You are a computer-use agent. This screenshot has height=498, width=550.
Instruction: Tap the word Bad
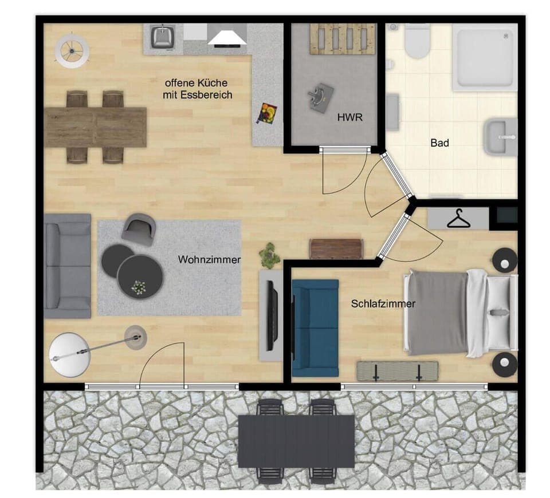pyautogui.click(x=439, y=143)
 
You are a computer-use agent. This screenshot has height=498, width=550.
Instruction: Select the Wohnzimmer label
pyautogui.click(x=209, y=260)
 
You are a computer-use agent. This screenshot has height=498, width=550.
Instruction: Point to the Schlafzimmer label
pyautogui.click(x=383, y=304)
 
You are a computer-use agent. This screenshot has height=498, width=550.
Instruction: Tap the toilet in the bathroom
pyautogui.click(x=417, y=42)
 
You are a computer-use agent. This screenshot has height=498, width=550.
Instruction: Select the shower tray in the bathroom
pyautogui.click(x=482, y=57)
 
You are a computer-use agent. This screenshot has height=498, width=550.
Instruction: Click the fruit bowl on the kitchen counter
pyautogui.click(x=266, y=113)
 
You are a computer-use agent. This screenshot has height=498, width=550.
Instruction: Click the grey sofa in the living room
pyautogui.click(x=67, y=266)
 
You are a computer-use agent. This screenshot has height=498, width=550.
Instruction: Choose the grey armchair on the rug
pyautogui.click(x=139, y=228)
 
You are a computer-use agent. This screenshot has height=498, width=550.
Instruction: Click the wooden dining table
pyautogui.click(x=96, y=127)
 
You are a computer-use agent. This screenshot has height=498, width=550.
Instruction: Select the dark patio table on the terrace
pyautogui.click(x=296, y=441)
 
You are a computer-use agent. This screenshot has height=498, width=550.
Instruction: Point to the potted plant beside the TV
pyautogui.click(x=269, y=255)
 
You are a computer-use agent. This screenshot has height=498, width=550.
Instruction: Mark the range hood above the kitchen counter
pyautogui.click(x=227, y=37)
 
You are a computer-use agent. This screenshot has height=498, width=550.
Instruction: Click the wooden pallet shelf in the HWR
pyautogui.click(x=343, y=39)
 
